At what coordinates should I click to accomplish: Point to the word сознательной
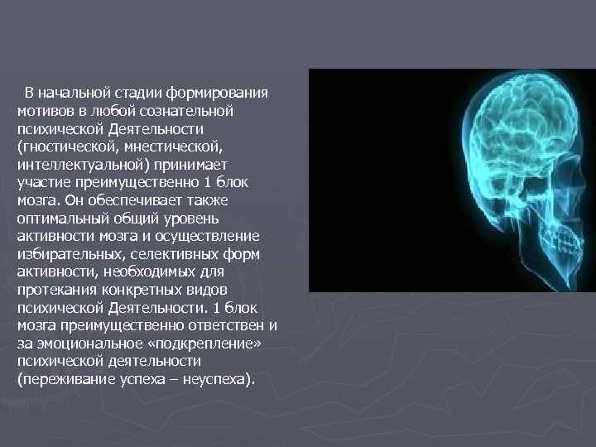tap(193, 110)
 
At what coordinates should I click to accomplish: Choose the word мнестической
tap(174, 146)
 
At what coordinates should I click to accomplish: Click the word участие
tap(43, 182)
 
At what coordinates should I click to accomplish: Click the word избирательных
tap(65, 255)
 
